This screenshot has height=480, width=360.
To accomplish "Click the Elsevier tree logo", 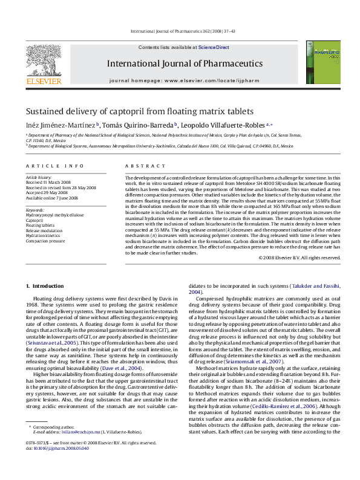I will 44,60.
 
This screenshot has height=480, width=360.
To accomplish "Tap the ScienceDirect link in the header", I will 214,47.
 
